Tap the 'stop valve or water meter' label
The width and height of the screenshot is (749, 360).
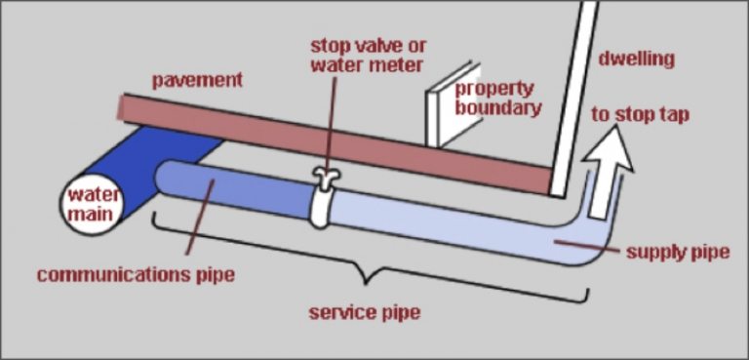[x=368, y=57]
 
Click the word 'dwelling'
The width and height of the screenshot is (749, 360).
[x=635, y=59]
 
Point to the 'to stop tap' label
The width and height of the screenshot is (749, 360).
[x=640, y=115]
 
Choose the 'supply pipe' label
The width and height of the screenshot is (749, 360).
[x=677, y=252]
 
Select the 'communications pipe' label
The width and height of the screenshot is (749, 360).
[x=136, y=274]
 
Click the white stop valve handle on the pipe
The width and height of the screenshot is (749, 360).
[x=323, y=177]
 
